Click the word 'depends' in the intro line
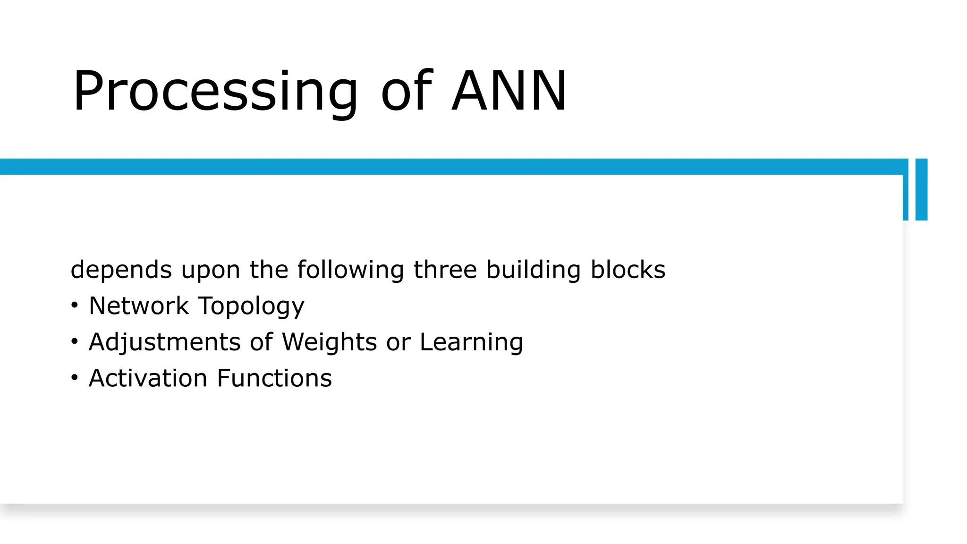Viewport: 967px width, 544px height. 121,270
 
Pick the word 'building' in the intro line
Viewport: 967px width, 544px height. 533,270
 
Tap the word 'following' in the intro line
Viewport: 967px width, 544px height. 350,270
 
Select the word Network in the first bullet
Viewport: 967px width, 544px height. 139,306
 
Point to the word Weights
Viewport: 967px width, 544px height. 330,342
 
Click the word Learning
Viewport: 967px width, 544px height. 471,342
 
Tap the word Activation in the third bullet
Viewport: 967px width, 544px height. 148,378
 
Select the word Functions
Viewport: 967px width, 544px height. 274,378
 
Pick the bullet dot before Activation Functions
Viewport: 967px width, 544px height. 74,378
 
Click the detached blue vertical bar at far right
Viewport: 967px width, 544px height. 921,189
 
